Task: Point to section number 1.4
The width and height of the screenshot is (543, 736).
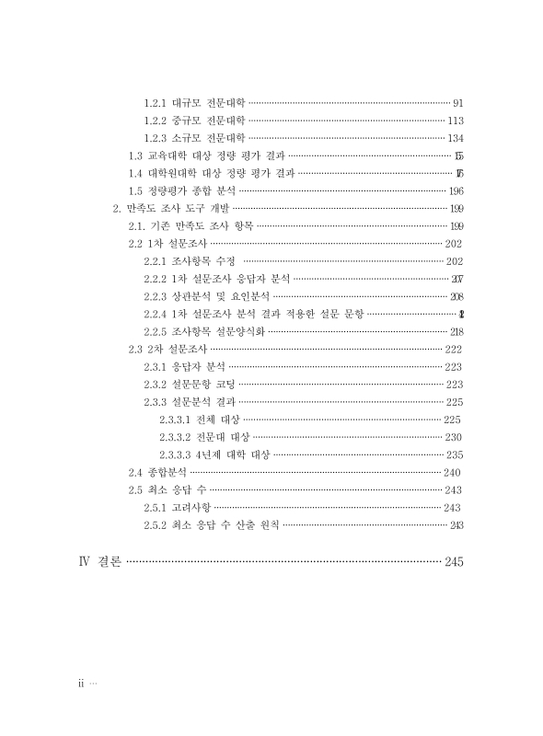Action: pos(135,173)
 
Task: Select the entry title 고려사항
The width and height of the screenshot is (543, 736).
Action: pos(191,507)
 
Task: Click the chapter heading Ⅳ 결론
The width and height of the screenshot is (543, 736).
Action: pos(100,561)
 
